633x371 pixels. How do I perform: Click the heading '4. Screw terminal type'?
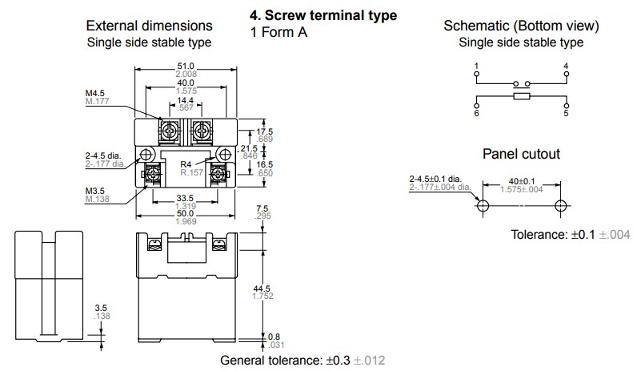pos(324,16)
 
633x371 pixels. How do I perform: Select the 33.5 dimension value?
pos(185,199)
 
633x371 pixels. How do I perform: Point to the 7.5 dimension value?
pos(262,209)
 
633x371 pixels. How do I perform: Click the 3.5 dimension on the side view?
pos(101,308)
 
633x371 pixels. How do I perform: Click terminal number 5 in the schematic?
pos(567,114)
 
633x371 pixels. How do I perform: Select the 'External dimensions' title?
pos(150,26)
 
